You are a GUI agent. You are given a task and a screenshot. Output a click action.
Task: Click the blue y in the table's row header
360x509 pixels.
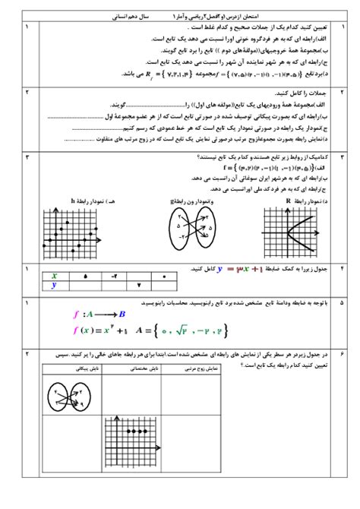(54, 286)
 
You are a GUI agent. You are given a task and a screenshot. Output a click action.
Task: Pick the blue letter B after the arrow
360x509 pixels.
(122, 313)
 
